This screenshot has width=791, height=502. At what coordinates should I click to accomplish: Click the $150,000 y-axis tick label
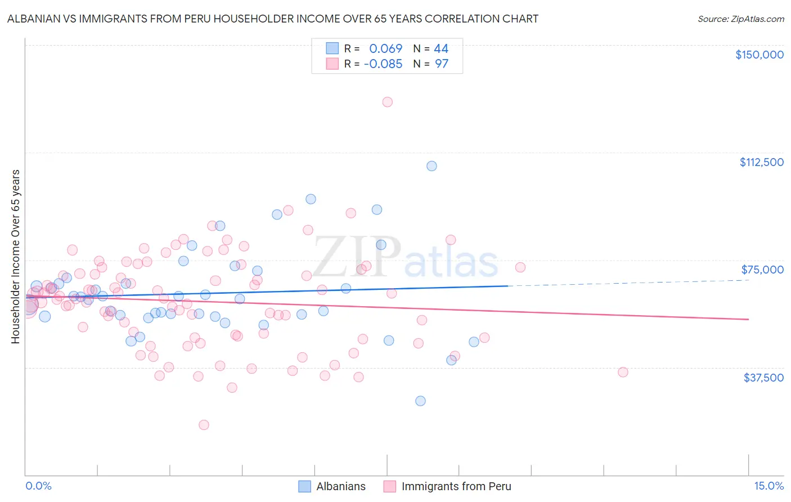coord(759,55)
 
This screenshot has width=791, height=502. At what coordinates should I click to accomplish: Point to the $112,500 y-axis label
coord(761,162)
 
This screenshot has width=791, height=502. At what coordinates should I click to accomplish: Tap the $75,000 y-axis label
coord(762,270)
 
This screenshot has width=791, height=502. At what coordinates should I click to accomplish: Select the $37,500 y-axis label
coord(763,378)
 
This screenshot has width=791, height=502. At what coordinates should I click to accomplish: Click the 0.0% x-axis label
coord(38,486)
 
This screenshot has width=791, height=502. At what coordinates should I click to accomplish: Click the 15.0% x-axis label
coord(768,486)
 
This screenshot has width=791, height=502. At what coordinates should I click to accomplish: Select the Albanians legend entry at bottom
coord(340,486)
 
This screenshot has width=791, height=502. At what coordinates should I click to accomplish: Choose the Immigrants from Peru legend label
coord(456,486)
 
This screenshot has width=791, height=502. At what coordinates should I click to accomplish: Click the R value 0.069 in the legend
coord(385,49)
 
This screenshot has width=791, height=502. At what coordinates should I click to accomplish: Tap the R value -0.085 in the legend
coord(383,64)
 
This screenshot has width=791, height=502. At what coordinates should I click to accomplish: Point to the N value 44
coord(441,49)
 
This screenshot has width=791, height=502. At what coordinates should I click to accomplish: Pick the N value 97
coord(442,64)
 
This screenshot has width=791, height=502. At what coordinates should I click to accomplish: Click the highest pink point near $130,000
coord(387,102)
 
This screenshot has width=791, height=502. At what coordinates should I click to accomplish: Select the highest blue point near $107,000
coord(432,166)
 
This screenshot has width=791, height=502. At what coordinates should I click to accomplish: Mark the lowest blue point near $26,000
coord(420,401)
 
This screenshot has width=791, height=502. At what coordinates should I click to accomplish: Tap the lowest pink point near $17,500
coord(204,425)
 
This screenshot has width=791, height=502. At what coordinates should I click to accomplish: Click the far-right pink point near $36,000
coord(623,372)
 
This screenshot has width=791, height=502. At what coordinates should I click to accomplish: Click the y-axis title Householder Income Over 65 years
coord(15,256)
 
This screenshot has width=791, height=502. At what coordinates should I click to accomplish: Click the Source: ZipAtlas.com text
coord(740,19)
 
